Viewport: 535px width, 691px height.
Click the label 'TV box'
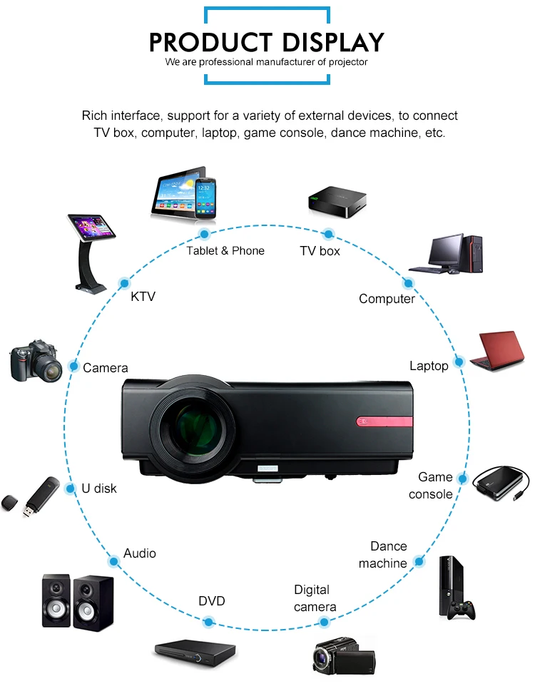pyautogui.click(x=320, y=251)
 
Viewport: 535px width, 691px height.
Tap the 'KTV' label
pyautogui.click(x=143, y=297)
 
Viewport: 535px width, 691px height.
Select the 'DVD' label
pyautogui.click(x=211, y=601)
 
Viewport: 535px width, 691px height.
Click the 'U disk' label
pyautogui.click(x=99, y=488)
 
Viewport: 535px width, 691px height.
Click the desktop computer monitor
pyautogui.click(x=445, y=251)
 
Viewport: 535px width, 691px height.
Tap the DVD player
pyautogui.click(x=195, y=651)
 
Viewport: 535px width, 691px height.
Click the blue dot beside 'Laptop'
pyautogui.click(x=459, y=362)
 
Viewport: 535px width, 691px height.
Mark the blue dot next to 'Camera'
pyautogui.click(x=73, y=367)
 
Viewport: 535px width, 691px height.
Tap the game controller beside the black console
pyautogui.click(x=466, y=610)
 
